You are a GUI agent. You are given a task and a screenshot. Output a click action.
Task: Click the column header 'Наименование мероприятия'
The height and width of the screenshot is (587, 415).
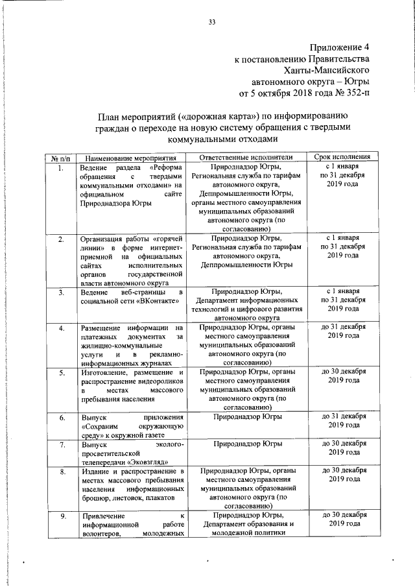[x=130, y=158]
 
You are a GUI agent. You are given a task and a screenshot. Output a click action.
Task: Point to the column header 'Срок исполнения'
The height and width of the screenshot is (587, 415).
[x=342, y=158]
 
